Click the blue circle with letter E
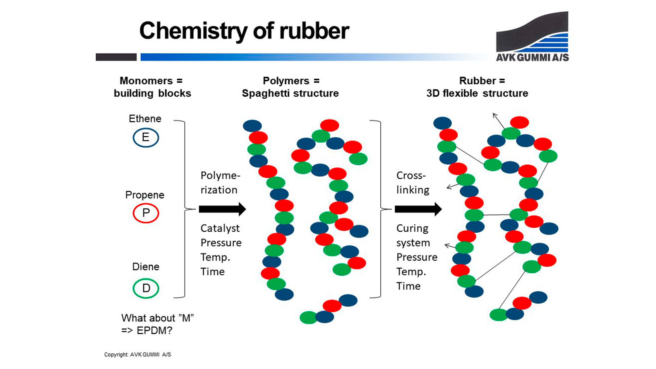(x=146, y=137)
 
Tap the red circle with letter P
(x=146, y=213)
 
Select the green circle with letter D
(x=146, y=288)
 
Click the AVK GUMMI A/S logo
(x=532, y=37)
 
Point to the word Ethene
(x=145, y=119)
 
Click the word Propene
(x=145, y=195)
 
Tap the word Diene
(x=146, y=266)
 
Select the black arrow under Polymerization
(x=222, y=209)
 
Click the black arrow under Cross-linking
(x=418, y=209)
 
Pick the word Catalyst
(x=220, y=228)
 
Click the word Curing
(x=412, y=228)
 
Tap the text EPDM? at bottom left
(x=154, y=331)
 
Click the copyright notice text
(x=137, y=355)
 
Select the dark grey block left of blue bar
(x=116, y=57)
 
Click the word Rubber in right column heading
(x=477, y=81)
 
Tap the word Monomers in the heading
(x=146, y=81)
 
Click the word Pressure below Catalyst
(x=221, y=243)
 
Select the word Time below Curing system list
(x=408, y=286)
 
